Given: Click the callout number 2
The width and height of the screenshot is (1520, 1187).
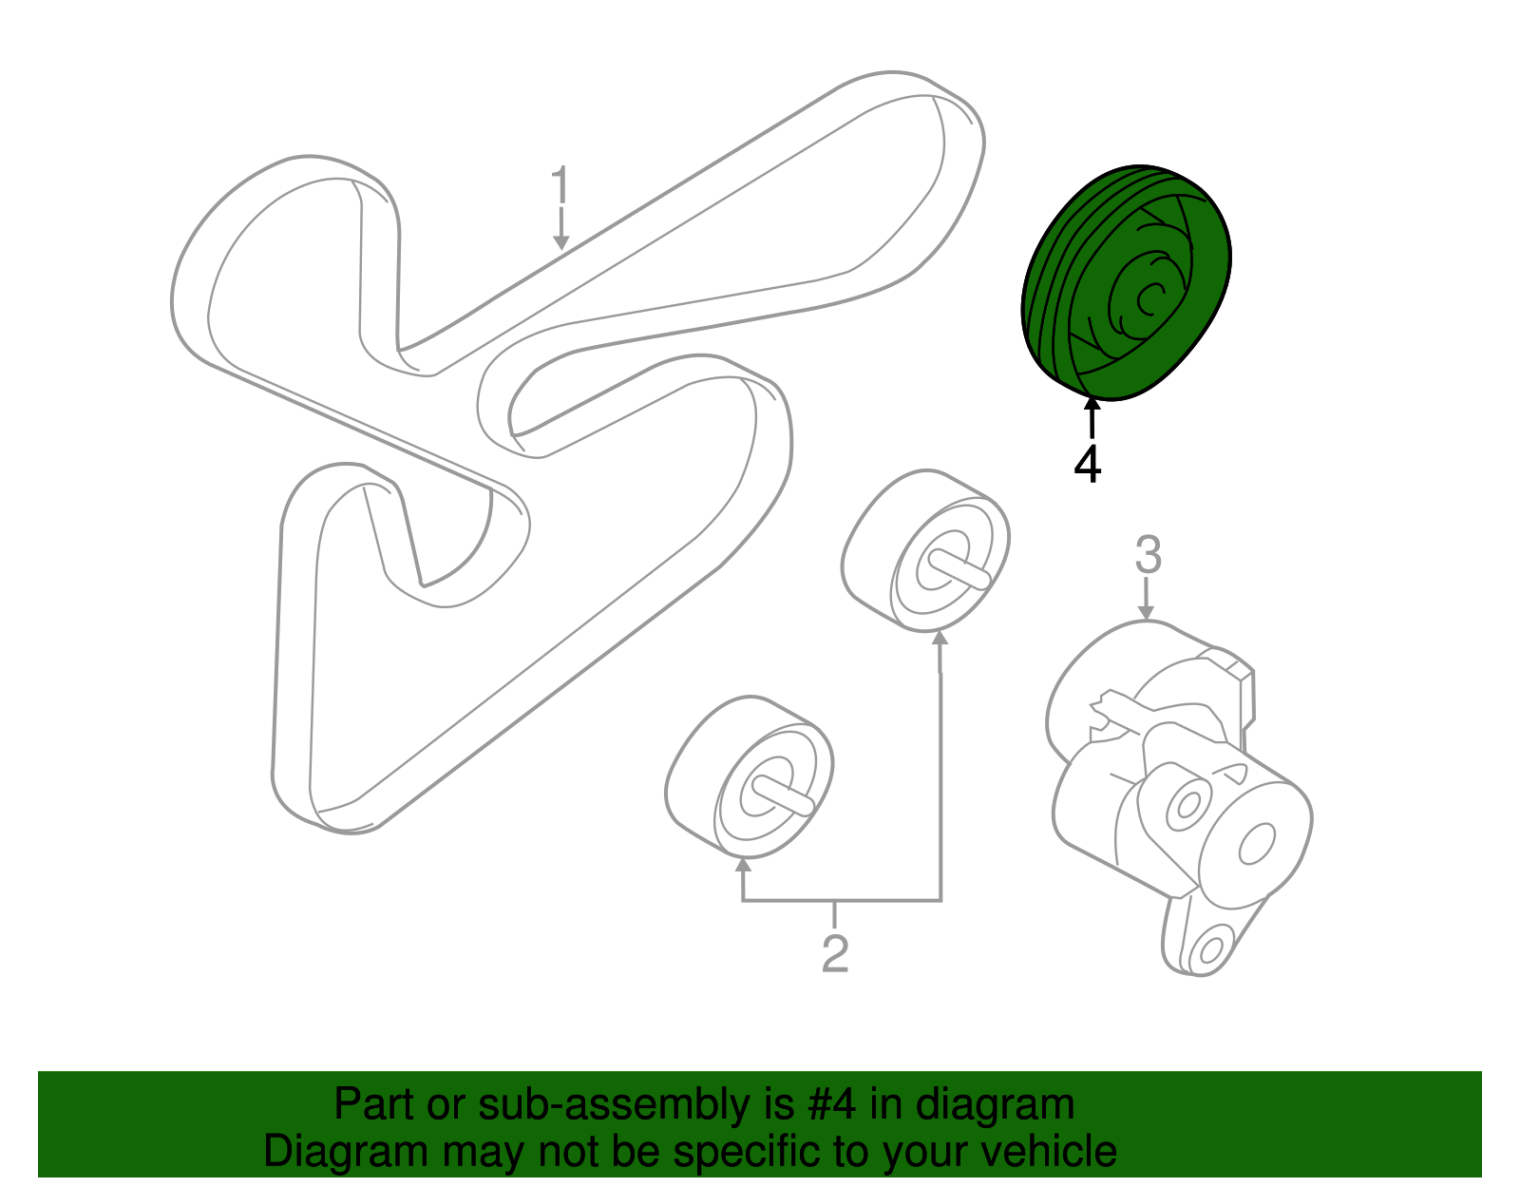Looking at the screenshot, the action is [x=834, y=952].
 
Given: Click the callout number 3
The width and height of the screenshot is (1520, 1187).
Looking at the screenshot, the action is [x=1148, y=555].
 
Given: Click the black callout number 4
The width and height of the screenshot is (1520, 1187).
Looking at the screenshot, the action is [x=1088, y=465].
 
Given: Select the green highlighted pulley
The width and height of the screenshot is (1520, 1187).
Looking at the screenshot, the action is [x=1126, y=282].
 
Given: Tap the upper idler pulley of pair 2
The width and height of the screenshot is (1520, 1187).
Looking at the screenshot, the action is [x=925, y=550].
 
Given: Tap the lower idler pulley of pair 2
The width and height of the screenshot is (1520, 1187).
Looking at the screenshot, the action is [x=750, y=776].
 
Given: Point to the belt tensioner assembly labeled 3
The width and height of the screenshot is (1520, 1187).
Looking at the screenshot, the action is [x=1179, y=796].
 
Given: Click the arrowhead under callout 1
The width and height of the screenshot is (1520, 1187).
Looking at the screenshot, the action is [x=561, y=242].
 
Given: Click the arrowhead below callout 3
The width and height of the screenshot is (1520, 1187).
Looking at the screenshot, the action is [x=1146, y=612].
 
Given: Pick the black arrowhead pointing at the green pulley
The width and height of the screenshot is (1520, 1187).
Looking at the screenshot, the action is [x=1092, y=404].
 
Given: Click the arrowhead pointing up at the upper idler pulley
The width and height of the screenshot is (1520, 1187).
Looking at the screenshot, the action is [x=940, y=638].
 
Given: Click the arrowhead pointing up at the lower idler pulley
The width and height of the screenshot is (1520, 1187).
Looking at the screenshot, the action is [x=743, y=865].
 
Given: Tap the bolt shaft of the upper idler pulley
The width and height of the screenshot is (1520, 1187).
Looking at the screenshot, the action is [x=959, y=568].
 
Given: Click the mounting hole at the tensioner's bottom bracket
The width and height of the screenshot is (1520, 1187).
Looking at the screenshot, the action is [x=1211, y=949].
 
